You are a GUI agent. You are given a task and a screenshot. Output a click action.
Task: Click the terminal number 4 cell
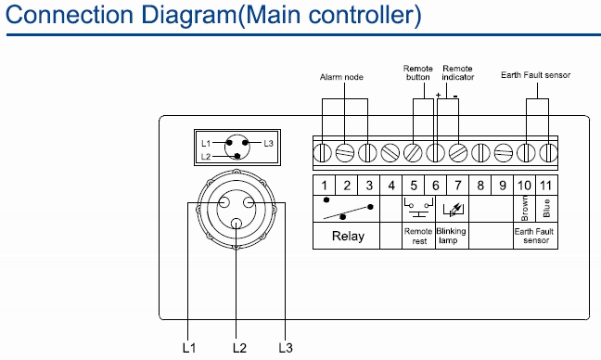(391, 186)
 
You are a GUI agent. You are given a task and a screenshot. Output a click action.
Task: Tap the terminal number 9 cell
(503, 186)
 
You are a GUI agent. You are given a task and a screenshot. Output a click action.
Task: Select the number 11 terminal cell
(546, 186)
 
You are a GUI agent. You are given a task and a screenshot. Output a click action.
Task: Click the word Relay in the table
(348, 236)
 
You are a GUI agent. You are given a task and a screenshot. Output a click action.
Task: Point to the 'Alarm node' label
(341, 77)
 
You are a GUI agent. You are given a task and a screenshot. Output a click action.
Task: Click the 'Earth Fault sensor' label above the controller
(535, 75)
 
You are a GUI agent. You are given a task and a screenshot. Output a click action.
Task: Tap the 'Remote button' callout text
(417, 73)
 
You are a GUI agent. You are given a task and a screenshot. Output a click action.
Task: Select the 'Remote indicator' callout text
(457, 73)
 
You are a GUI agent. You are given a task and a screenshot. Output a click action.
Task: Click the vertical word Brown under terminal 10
(525, 208)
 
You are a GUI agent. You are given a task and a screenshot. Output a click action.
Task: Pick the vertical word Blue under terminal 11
(546, 208)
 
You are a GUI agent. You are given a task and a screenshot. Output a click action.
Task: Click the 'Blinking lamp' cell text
(451, 236)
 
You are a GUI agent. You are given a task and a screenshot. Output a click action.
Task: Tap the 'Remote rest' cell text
(418, 237)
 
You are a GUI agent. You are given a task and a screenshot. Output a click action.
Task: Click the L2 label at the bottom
(239, 348)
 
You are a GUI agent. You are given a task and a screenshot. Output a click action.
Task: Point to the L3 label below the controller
(286, 348)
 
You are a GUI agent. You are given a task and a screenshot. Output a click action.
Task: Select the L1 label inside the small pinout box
(206, 144)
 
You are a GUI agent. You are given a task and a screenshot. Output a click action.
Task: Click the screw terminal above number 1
(323, 152)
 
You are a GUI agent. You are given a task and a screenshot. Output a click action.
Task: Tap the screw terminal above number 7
(458, 152)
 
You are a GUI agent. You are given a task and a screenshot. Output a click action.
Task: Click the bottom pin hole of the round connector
(237, 223)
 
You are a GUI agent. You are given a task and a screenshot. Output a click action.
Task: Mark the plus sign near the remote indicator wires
(439, 95)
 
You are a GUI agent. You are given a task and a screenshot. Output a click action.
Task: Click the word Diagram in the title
(189, 16)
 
